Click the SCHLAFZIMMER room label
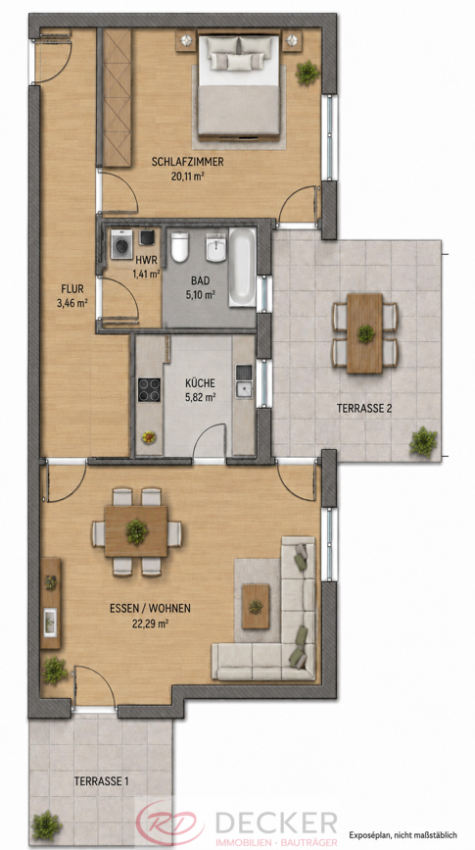pyautogui.click(x=188, y=162)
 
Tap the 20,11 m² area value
pyautogui.click(x=188, y=175)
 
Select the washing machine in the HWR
pyautogui.click(x=121, y=244)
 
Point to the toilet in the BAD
pyautogui.click(x=179, y=247)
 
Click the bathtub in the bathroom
pyautogui.click(x=242, y=268)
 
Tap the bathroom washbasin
pyautogui.click(x=215, y=247)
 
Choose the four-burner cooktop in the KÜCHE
pyautogui.click(x=149, y=389)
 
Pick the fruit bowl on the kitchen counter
pyautogui.click(x=149, y=436)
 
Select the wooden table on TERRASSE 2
pyautogui.click(x=364, y=333)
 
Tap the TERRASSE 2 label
pyautogui.click(x=364, y=409)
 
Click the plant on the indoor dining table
pyautogui.click(x=136, y=531)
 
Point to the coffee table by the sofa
pyautogui.click(x=256, y=606)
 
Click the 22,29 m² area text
pyautogui.click(x=150, y=624)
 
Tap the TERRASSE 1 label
pyautogui.click(x=102, y=781)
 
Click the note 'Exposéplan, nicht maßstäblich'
pyautogui.click(x=404, y=835)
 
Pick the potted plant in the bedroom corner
pyautogui.click(x=308, y=73)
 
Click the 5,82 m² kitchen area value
pyautogui.click(x=199, y=397)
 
